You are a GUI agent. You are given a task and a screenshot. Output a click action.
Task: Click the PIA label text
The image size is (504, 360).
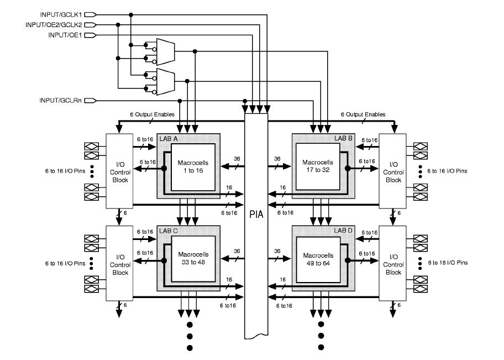point(255,212)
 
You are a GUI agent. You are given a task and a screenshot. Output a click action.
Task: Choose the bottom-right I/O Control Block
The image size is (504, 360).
point(393,263)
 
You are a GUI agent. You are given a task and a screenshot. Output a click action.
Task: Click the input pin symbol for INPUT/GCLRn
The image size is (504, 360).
point(91,101)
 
